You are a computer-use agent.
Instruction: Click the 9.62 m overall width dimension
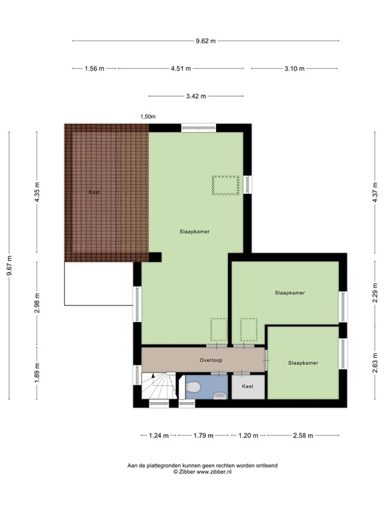coord(205,41)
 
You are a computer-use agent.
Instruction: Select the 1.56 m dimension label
coord(94,69)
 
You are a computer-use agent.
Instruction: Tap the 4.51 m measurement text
coord(180,69)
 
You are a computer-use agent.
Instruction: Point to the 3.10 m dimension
coord(294,69)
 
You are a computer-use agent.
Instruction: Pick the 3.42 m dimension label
coord(196,96)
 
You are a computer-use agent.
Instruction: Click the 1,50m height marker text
coord(147,117)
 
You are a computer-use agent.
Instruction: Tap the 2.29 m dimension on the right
coord(375,293)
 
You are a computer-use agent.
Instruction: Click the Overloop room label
coord(211,360)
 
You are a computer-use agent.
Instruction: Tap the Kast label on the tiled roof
coord(94,192)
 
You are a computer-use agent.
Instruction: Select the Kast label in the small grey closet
coord(247,386)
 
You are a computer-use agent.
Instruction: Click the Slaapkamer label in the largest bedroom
coord(195,232)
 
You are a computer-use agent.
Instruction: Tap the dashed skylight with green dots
coord(225,185)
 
